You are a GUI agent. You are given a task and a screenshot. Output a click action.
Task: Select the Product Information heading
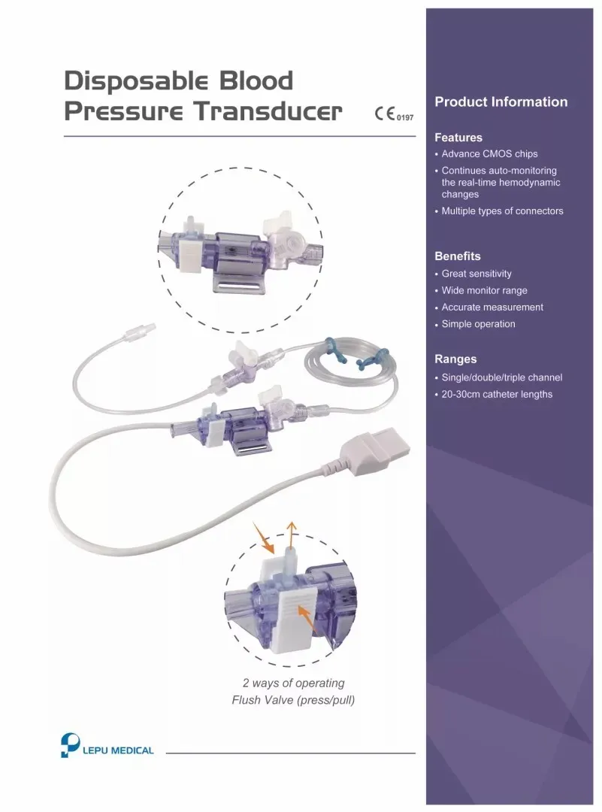click(x=501, y=102)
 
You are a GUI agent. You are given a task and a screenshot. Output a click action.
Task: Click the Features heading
click(x=458, y=138)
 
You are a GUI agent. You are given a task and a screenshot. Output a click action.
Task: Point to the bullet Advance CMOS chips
click(x=489, y=154)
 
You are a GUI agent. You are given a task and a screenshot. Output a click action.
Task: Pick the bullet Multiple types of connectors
click(x=502, y=211)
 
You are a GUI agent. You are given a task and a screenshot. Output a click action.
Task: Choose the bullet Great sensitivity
click(x=476, y=274)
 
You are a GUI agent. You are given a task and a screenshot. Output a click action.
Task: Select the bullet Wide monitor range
click(x=484, y=291)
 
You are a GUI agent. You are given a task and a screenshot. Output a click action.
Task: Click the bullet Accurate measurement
click(x=492, y=308)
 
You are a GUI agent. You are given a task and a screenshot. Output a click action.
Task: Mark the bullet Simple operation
click(x=478, y=325)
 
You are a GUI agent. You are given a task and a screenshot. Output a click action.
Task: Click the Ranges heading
click(x=455, y=359)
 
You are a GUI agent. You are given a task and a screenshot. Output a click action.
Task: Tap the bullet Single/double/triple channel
click(x=501, y=377)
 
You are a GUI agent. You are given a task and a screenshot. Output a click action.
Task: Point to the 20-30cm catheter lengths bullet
click(x=497, y=395)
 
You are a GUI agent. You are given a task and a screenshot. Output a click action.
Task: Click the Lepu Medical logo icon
click(x=69, y=744)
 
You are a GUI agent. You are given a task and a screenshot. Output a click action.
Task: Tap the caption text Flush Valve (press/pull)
click(x=293, y=701)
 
